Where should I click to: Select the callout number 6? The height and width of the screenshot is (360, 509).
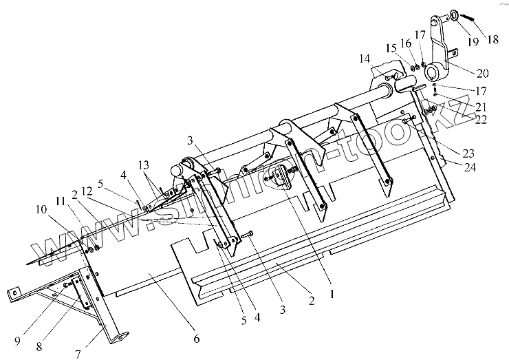[196, 339]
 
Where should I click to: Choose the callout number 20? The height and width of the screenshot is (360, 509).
[483, 72]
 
